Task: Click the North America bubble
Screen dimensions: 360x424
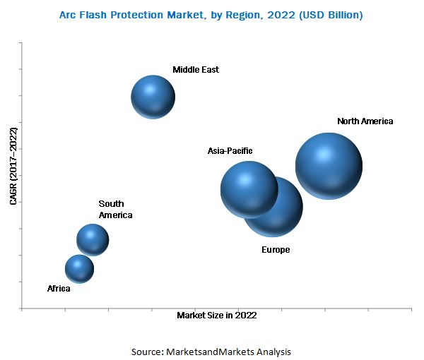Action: (329, 166)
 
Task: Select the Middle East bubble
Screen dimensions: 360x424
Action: (153, 97)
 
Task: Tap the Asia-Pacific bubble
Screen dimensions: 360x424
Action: (249, 188)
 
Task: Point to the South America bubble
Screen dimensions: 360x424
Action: (93, 239)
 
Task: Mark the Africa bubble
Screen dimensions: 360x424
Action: (79, 268)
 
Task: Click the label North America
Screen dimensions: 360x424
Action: (365, 121)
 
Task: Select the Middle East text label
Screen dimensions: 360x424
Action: (196, 70)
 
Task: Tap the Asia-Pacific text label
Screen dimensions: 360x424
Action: (230, 151)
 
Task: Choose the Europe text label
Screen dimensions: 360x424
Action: (276, 250)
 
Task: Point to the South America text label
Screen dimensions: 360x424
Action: (115, 210)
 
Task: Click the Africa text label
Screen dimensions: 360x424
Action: (59, 289)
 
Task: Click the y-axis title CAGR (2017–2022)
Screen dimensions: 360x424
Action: (13, 166)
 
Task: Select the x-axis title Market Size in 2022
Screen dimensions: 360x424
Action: (216, 316)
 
